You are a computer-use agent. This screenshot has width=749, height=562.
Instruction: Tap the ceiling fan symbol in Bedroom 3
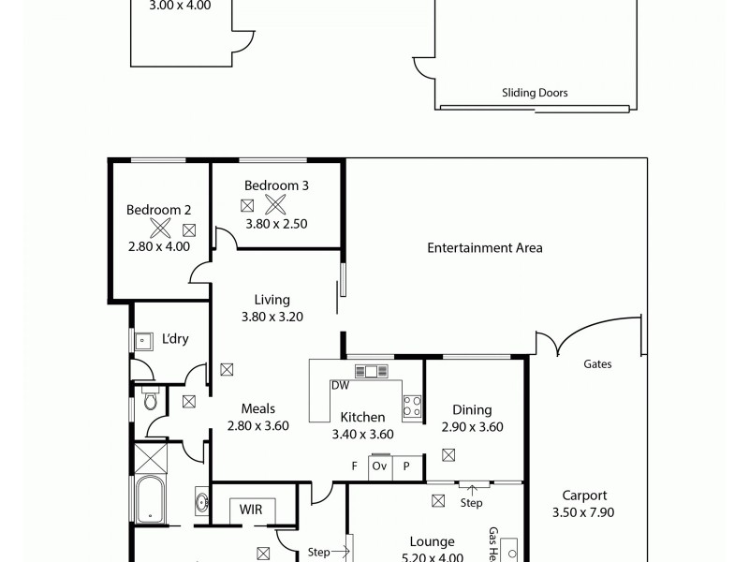pyautogui.click(x=273, y=204)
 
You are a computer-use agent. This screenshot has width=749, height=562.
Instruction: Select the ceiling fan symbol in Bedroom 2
pyautogui.click(x=160, y=227)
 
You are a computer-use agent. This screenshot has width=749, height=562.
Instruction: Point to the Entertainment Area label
pyautogui.click(x=485, y=248)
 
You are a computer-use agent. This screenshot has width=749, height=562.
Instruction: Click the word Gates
pyautogui.click(x=597, y=364)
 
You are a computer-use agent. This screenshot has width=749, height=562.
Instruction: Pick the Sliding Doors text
pyautogui.click(x=534, y=93)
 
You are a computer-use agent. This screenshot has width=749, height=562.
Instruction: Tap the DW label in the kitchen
pyautogui.click(x=339, y=385)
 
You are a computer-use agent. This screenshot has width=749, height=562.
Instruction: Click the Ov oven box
pyautogui.click(x=380, y=466)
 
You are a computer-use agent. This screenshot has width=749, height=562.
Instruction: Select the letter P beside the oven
pyautogui.click(x=406, y=466)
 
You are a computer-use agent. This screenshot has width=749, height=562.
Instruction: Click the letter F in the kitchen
pyautogui.click(x=355, y=466)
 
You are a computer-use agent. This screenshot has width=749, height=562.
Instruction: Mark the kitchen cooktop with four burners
pyautogui.click(x=412, y=406)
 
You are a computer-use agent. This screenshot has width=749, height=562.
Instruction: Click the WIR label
pyautogui.click(x=251, y=510)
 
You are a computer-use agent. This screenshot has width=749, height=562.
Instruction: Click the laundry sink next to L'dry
pyautogui.click(x=144, y=340)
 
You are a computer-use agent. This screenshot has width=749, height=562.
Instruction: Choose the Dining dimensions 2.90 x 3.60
pyautogui.click(x=473, y=426)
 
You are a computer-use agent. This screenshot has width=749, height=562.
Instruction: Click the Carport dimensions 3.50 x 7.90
pyautogui.click(x=585, y=512)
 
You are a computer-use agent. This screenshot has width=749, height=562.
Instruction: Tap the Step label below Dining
pyautogui.click(x=472, y=503)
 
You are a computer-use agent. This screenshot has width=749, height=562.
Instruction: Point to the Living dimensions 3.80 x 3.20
pyautogui.click(x=272, y=317)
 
